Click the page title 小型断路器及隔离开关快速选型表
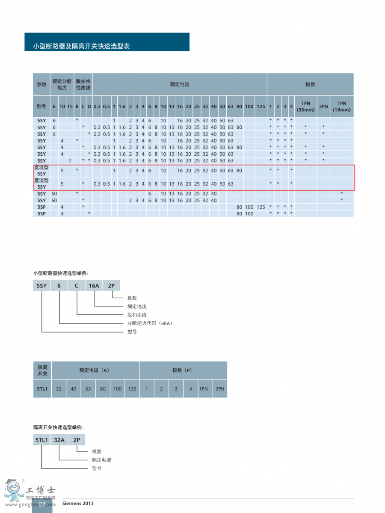coord(82,46)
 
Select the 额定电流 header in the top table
coord(180,84)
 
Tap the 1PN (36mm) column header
coord(305,107)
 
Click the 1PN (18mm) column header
coord(341,107)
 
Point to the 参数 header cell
coord(41,84)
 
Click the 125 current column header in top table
coord(261,107)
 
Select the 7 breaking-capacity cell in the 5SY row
coord(70,160)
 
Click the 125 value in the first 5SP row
coord(261,207)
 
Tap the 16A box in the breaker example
coord(94,285)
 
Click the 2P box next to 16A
coord(112,285)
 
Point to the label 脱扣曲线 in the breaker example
coord(137,315)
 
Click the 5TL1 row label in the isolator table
coord(42,389)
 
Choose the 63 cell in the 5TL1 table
coord(88,389)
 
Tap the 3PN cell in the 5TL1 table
coord(220,389)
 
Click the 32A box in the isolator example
coord(59,439)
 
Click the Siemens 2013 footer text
coord(78,504)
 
